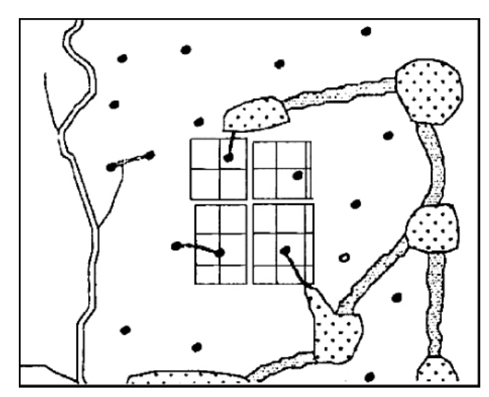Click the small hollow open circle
tap(344, 257)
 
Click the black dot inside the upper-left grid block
tap(229, 158)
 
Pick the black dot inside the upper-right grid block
tap(297, 175)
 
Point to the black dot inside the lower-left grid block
tap(219, 253)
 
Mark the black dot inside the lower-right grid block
tap(285, 250)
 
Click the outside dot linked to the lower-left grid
tap(176, 246)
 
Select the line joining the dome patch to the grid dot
tap(232, 142)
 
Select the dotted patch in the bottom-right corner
tap(437, 371)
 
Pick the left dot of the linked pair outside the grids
tap(111, 167)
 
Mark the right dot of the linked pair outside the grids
tap(149, 155)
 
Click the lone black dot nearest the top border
tap(366, 31)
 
